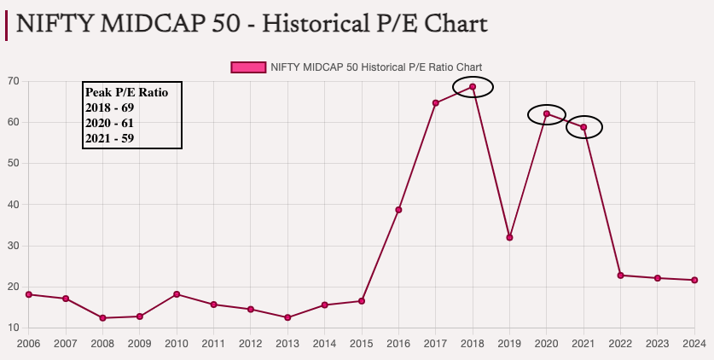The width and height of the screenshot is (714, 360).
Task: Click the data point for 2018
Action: pos(473,86)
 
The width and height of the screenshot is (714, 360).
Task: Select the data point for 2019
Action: pos(509,237)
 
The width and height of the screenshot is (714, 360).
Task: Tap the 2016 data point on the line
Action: pos(398,210)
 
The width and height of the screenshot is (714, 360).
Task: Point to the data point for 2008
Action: pos(102,318)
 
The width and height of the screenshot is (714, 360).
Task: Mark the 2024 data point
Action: pos(694,280)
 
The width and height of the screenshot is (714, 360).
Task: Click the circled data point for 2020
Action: pos(547,114)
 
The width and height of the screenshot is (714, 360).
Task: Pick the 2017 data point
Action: pos(435,103)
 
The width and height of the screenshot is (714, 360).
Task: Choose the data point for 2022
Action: pos(620,276)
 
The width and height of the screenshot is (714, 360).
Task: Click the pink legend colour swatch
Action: pos(247,67)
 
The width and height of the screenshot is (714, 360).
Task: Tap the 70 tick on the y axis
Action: pos(14,81)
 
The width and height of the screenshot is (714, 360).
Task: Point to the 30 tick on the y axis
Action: pos(14,246)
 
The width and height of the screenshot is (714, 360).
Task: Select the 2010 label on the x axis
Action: pos(177,344)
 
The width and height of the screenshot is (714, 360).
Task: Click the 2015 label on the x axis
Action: pos(362,344)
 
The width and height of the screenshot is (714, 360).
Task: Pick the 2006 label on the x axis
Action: pos(28,344)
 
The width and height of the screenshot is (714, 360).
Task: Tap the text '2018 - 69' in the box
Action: pos(110,107)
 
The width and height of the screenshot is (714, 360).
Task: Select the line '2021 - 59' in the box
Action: pos(110,137)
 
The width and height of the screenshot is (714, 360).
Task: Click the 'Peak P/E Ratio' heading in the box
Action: pos(126,92)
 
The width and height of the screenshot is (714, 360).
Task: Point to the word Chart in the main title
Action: pos(456,22)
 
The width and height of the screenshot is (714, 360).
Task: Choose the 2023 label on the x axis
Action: pos(658,344)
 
